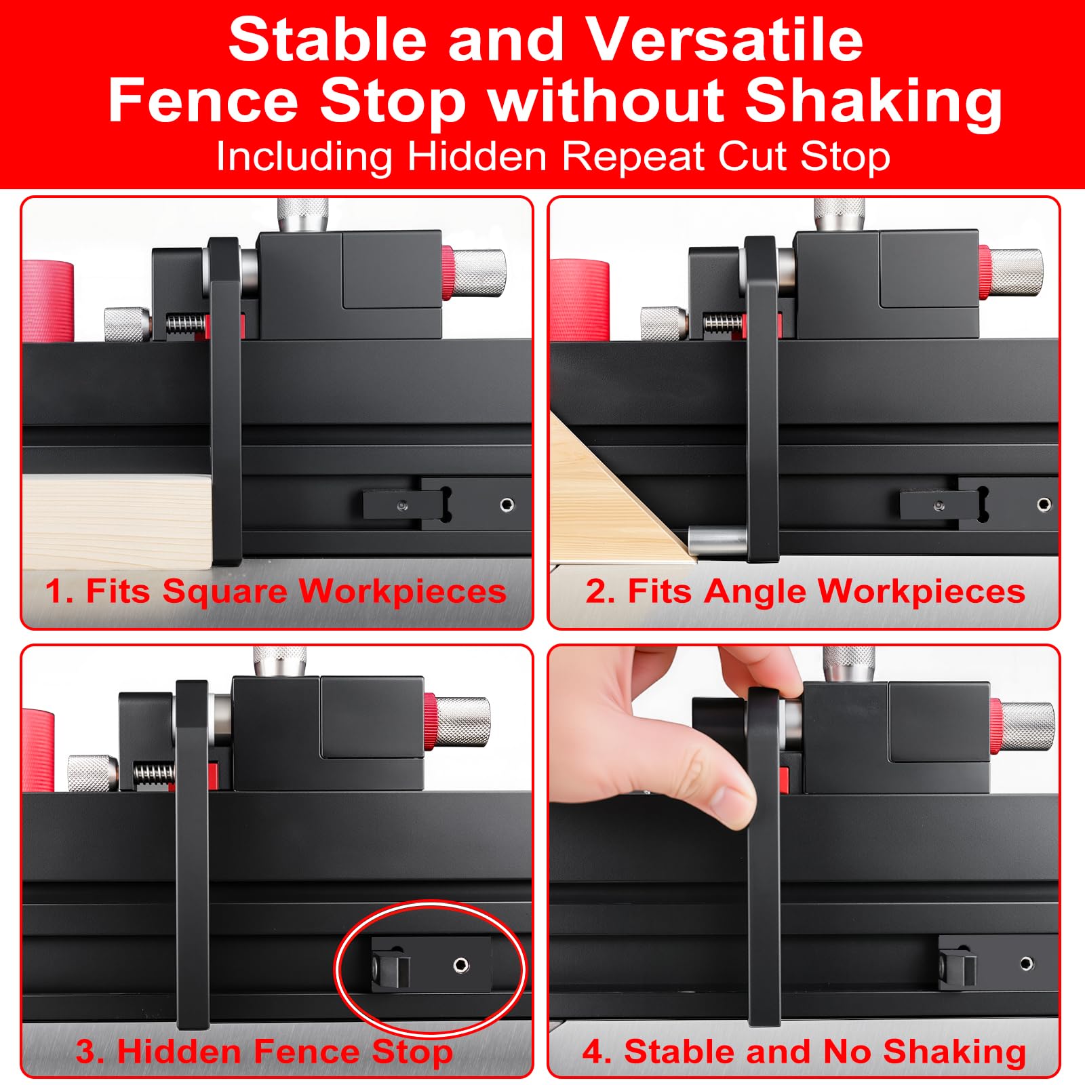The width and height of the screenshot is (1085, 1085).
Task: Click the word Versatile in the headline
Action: tap(724, 40)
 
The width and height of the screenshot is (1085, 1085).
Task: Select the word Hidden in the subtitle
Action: tap(477, 157)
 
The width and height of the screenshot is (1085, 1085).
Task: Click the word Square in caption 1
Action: tap(224, 592)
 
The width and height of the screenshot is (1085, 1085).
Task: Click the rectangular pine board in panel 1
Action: tap(118, 519)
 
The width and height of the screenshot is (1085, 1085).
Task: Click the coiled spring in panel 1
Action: tap(185, 323)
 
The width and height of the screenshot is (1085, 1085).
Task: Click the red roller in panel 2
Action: tap(578, 300)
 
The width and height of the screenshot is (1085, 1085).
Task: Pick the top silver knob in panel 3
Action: tap(279, 661)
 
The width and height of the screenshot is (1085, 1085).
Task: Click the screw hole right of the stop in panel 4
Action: tap(1026, 964)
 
